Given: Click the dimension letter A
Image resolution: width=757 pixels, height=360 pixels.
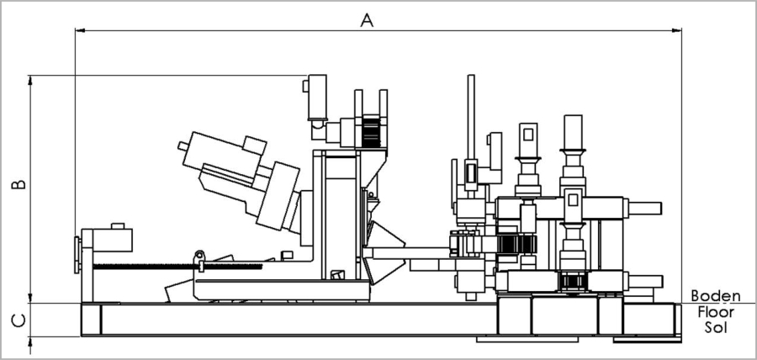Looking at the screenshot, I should pos(366,19).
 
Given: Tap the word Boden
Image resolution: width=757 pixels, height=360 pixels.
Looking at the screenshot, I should pos(715,296).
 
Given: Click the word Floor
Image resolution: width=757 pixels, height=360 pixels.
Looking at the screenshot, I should pos(715,311).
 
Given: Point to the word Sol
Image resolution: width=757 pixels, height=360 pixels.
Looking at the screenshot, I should pos(715,326).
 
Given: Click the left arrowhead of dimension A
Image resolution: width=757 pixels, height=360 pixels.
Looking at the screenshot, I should pos(79,31).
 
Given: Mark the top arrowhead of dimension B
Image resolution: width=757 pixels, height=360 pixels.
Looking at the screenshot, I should pos(30,80).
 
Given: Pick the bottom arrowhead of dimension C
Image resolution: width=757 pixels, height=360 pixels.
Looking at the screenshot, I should pos(30,341).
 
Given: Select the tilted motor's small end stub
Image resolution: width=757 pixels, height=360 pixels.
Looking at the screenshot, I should pos(183,146).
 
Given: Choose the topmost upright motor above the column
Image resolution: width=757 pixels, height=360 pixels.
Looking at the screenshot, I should pos(316,95).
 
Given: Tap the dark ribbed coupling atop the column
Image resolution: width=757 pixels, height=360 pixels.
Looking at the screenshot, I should pos(371,132).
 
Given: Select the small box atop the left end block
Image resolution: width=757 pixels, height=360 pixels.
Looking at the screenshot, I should pos(117,225).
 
